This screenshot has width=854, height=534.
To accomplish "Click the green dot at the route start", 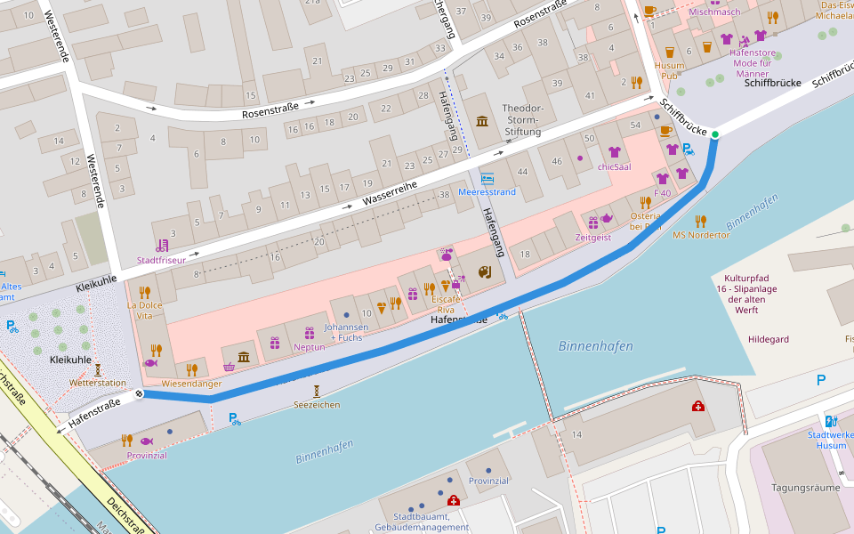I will coord(714,134).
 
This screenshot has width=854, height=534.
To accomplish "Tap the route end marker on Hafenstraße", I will coord(140,393).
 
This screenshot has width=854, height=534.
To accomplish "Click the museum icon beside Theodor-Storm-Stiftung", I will coord(482,121).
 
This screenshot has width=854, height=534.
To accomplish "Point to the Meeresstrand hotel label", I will coord(487,191).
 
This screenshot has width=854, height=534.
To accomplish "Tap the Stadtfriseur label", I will coord(161,260).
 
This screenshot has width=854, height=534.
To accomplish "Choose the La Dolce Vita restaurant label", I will coord(145,311).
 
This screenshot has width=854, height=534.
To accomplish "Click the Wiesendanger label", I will coord(191,384).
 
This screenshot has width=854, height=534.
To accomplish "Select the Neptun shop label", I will coord(309,346).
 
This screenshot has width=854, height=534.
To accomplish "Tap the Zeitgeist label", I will coord(593,238).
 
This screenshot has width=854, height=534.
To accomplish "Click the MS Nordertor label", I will coord(701,235).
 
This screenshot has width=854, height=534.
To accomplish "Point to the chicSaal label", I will coord(614,166).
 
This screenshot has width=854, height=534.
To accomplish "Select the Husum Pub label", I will coord(670,70).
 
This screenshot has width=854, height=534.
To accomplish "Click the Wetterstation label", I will coord(98,383).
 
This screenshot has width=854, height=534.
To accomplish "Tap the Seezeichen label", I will coord(317,405).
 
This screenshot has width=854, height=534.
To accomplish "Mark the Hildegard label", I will coord(768,340).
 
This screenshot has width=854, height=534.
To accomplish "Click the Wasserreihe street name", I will coord(389,193).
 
